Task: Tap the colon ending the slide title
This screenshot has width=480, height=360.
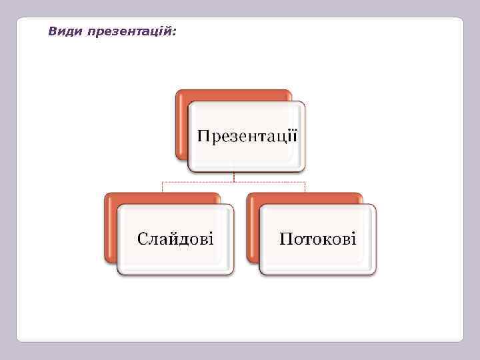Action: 175,32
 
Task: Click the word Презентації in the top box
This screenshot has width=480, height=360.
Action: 247,137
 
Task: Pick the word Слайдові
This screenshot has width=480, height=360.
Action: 175,238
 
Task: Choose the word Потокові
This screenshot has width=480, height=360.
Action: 317,238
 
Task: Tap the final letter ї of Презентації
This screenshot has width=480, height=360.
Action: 294,136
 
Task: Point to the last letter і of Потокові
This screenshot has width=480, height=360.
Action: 353,237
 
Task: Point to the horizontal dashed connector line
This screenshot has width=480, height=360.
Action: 200,181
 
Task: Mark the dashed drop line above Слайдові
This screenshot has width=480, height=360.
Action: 163,187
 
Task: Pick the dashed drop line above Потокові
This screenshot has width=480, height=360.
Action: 305,187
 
